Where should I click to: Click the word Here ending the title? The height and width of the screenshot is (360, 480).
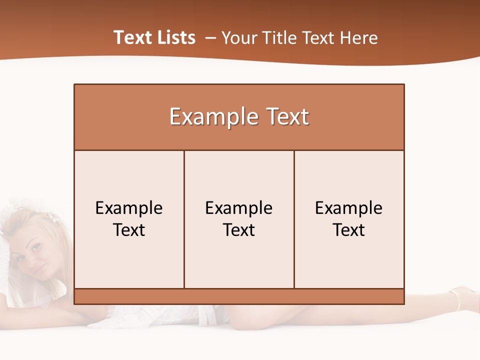tap(358, 38)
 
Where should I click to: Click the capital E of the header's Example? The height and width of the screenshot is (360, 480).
tap(175, 116)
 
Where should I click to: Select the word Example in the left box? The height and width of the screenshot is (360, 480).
tap(129, 208)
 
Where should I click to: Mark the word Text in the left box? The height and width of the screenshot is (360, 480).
tap(129, 230)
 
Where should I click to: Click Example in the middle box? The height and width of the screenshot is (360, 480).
tap(239, 208)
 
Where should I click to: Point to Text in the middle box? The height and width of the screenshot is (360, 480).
tap(239, 230)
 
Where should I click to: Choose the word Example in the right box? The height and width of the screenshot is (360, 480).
tap(348, 208)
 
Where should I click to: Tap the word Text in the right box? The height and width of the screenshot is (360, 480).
tap(348, 230)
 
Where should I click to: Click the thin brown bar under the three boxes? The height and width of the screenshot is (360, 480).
tap(239, 296)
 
